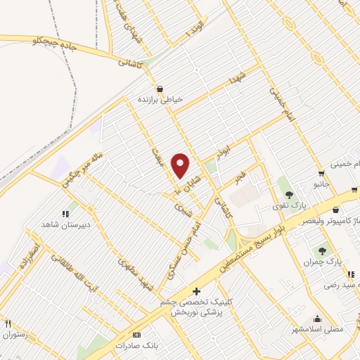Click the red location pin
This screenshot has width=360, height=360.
coord(181,165)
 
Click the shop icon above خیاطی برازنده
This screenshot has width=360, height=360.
coord(160,89)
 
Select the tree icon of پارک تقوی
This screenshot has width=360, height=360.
coord(289,195)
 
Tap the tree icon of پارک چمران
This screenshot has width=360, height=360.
coord(323,250)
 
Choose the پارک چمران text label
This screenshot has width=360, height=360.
coord(323,261)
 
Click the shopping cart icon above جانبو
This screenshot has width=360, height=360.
coord(321,174)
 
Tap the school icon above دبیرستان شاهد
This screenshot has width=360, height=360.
coord(65,213)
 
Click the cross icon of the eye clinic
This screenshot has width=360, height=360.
coord(196,291)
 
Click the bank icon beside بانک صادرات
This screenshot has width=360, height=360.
coord(136,335)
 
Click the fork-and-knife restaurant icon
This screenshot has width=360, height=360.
coord(8,323)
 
